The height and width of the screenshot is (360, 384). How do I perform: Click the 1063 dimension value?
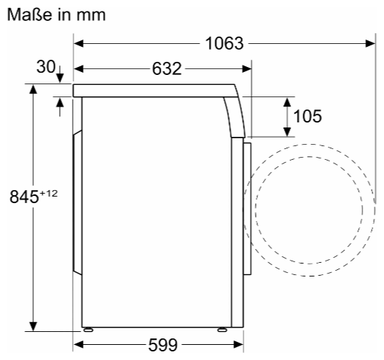point(224,44)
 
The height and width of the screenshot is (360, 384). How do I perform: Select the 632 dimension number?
point(166,69)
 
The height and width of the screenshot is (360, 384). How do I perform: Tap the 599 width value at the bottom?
point(163,345)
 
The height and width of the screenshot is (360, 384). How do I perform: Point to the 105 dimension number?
point(308,116)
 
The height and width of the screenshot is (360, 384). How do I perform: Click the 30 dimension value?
point(46,66)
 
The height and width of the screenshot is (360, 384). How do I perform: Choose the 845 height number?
point(24,197)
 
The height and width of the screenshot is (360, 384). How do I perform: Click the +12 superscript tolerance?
point(48,194)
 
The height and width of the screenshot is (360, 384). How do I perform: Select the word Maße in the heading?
point(30,14)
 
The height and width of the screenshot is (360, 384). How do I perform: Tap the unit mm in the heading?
point(91,16)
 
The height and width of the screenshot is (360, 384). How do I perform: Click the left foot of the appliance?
point(88,330)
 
